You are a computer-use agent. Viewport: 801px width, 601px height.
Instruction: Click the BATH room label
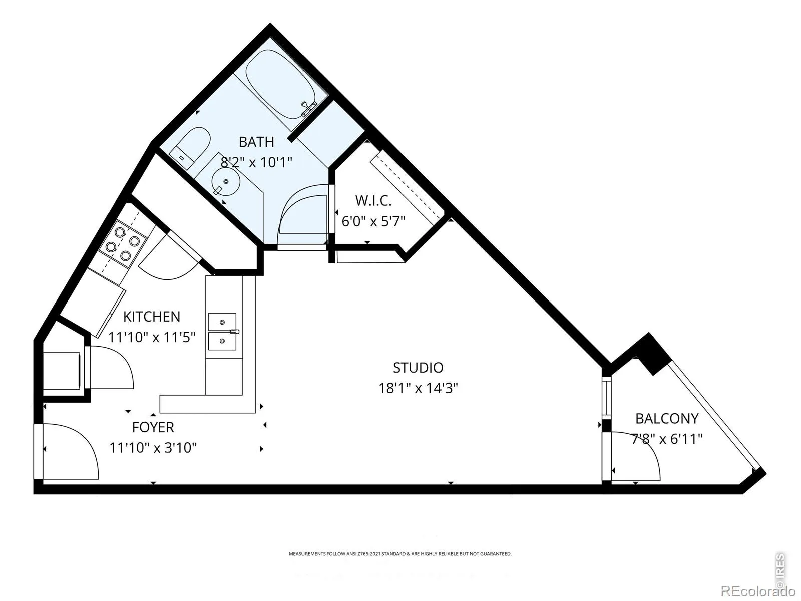click(x=256, y=142)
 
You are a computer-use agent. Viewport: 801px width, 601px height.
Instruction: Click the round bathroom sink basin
click(x=226, y=181)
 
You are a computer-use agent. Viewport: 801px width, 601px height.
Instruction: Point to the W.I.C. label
click(x=373, y=201)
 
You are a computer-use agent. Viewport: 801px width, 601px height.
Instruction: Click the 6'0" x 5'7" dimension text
click(x=373, y=221)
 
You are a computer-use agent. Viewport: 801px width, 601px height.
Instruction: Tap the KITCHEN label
click(x=152, y=317)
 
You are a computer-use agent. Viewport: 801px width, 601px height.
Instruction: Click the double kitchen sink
click(x=222, y=332)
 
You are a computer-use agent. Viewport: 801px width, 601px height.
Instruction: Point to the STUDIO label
click(x=418, y=368)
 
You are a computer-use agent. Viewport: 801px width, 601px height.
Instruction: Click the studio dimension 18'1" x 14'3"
click(x=418, y=388)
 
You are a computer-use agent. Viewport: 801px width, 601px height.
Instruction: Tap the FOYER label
click(x=153, y=427)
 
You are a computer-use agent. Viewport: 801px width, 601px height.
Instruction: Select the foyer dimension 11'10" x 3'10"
click(x=153, y=447)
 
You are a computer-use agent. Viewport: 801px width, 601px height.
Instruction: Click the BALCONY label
click(x=667, y=419)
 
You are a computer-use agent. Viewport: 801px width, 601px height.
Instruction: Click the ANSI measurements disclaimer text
click(x=400, y=553)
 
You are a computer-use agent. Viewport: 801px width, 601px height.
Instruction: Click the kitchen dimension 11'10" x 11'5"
click(x=152, y=337)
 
